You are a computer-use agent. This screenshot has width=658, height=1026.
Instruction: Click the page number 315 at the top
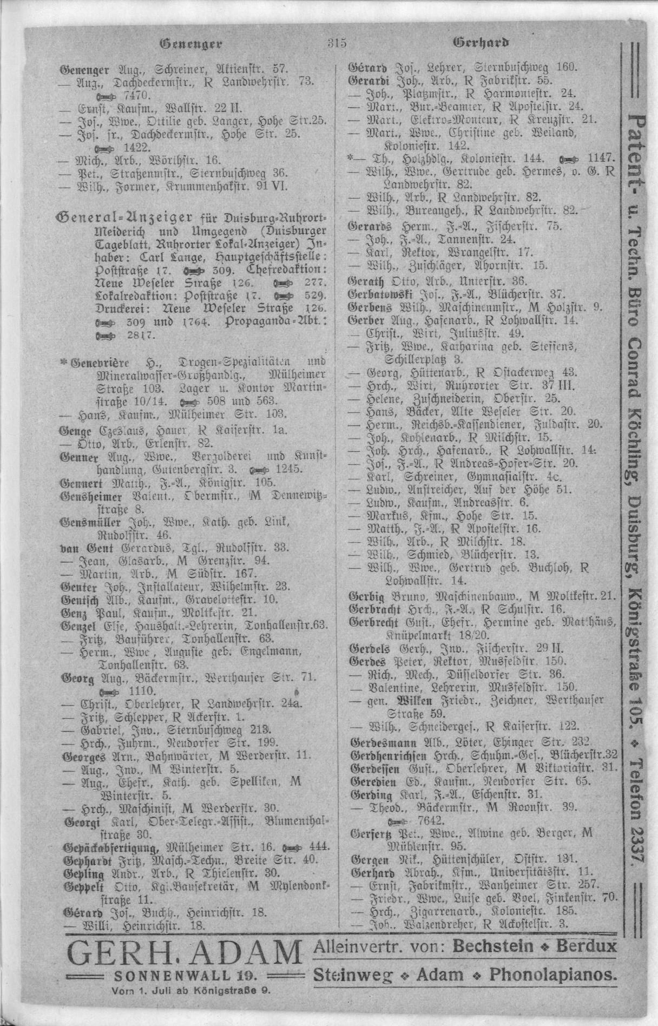[337, 43]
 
